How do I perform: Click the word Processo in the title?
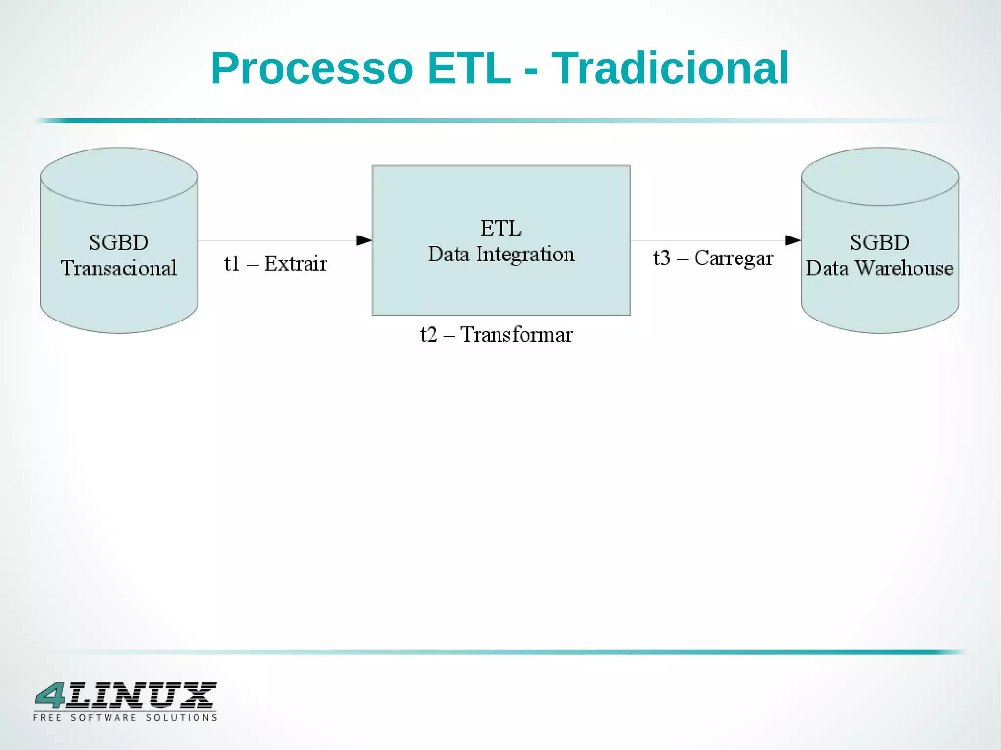point(312,68)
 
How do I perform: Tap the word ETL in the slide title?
point(469,68)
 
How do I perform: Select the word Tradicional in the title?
point(670,68)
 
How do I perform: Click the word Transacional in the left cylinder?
point(119,268)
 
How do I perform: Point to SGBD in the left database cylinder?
point(118,243)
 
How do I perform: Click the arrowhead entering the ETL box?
point(364,240)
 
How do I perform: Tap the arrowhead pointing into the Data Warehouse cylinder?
point(793,240)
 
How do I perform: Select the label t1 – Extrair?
point(275,264)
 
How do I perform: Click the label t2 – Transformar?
point(496,335)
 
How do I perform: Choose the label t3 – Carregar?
point(713,258)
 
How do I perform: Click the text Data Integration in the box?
point(501,254)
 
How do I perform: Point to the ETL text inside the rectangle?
point(501,228)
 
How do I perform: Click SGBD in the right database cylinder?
point(879,243)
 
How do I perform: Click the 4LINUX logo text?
point(126,696)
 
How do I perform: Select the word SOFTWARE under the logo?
point(104,718)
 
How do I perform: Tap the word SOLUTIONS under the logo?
point(181,718)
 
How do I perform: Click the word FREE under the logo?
point(47,718)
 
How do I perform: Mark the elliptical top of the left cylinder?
point(119,176)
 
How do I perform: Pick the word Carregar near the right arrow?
point(734,258)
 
